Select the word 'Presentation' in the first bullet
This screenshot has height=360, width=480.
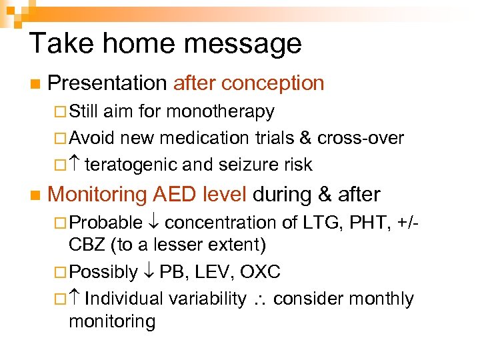coord(107,83)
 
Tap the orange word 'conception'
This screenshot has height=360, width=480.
coord(273,83)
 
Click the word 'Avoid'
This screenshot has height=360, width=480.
coord(92,138)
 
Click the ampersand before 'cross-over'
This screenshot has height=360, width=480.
coord(306,138)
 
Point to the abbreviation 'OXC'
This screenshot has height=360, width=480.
coord(260,272)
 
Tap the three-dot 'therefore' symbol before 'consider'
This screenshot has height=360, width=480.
coord(260,299)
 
